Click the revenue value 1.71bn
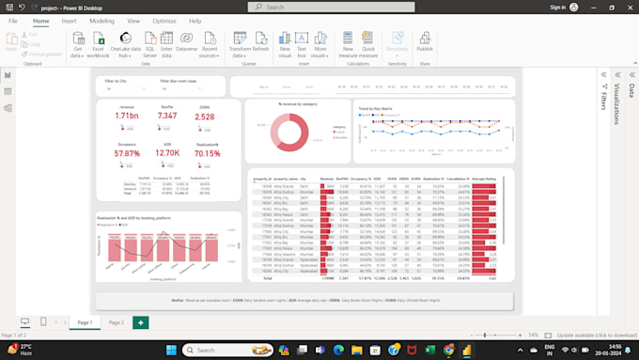pos(127,116)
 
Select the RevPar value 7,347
pos(166,116)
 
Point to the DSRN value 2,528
pos(205,116)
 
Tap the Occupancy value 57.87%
pos(127,153)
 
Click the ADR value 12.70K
pos(167,153)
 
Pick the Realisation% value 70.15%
pos(207,153)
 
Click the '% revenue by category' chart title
pos(298,102)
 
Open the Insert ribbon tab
pos(70,20)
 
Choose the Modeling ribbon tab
pos(101,20)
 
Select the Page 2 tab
pos(116,322)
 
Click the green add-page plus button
pos(140,322)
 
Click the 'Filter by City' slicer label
pos(117,82)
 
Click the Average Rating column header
pos(483,177)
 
